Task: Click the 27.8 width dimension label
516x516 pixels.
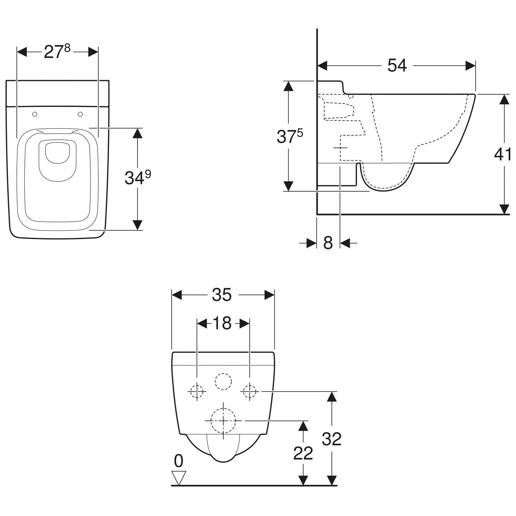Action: coord(57,52)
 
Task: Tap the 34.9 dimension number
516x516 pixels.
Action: coord(138,178)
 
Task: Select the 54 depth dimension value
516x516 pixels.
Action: coord(397,65)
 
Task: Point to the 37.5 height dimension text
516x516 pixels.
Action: coord(290,136)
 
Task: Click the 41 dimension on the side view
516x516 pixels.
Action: coord(503,154)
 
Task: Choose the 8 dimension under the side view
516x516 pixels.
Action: coord(328,243)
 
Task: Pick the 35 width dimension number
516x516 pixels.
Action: coord(222,295)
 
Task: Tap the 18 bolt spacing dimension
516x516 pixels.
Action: coord(222,323)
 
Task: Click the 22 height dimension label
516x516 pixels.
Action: coord(303,453)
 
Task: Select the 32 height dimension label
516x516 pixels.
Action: coord(332,439)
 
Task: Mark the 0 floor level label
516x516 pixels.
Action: coord(179,461)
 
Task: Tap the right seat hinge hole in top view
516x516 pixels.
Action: coord(80,114)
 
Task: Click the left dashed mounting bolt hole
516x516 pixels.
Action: coord(197,391)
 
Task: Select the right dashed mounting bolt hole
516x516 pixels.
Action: coord(250,391)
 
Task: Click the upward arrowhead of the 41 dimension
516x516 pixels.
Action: coord(504,99)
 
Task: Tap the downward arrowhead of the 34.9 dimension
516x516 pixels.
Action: coord(138,225)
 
